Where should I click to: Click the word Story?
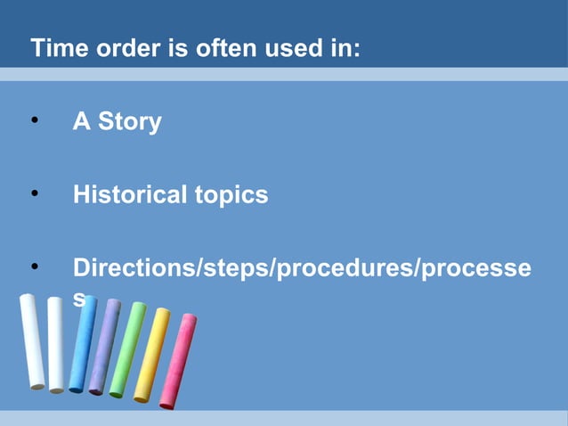coord(129,122)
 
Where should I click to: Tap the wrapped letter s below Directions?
coord(79,300)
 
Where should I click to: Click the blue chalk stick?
coord(83,344)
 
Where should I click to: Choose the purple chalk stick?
coord(104,347)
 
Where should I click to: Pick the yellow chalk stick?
coord(150,355)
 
